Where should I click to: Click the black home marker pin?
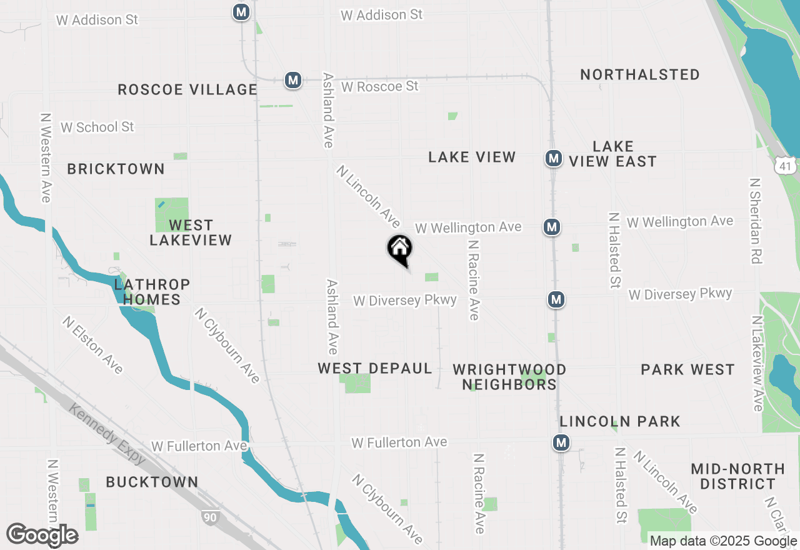[399, 249]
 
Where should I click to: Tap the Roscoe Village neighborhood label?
[187, 89]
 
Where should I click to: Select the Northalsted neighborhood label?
[640, 74]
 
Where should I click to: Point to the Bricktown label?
[116, 169]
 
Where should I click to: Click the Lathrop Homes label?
[152, 292]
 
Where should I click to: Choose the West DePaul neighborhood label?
[375, 368]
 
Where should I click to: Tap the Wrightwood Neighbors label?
[509, 377]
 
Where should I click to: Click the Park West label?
[687, 369]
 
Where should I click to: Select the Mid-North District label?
[737, 476]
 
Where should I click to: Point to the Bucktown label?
[152, 482]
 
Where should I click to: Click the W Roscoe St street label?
[379, 86]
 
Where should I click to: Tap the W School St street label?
[97, 127]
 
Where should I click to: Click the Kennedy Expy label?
[107, 434]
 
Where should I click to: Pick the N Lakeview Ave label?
[757, 364]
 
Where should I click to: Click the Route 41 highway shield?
[784, 166]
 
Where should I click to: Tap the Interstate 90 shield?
[210, 516]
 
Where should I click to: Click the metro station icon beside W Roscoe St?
[292, 80]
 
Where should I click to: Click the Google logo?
[42, 535]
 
